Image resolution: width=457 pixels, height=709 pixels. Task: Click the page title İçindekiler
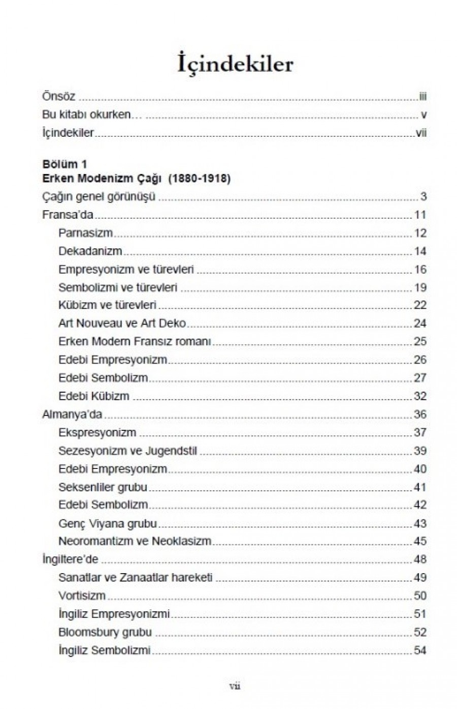pyautogui.click(x=235, y=65)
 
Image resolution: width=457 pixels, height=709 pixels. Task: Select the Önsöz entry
pyautogui.click(x=58, y=97)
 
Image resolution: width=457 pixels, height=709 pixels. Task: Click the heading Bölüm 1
pyautogui.click(x=64, y=164)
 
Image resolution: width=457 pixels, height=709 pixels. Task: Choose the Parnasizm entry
pyautogui.click(x=85, y=233)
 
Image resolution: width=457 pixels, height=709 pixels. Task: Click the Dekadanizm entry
pyautogui.click(x=90, y=251)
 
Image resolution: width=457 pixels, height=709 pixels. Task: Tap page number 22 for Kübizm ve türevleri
pyautogui.click(x=420, y=305)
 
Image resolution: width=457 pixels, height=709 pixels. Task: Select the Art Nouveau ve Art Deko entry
pyautogui.click(x=122, y=323)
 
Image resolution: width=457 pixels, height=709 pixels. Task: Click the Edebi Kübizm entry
pyautogui.click(x=94, y=396)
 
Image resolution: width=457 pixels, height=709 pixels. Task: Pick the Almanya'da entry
pyautogui.click(x=72, y=415)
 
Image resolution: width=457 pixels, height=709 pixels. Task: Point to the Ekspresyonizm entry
pyautogui.click(x=97, y=433)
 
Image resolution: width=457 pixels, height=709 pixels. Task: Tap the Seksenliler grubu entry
pyautogui.click(x=103, y=487)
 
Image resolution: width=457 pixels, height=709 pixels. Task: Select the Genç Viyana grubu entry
pyautogui.click(x=108, y=523)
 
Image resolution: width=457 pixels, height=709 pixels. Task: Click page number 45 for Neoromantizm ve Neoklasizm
pyautogui.click(x=420, y=541)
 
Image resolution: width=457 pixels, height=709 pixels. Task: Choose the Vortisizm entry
pyautogui.click(x=82, y=596)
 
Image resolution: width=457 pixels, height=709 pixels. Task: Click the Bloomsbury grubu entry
pyautogui.click(x=105, y=632)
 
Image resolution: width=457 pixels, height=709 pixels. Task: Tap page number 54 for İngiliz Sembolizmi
pyautogui.click(x=420, y=651)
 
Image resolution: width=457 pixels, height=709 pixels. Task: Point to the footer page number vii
pyautogui.click(x=235, y=686)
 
